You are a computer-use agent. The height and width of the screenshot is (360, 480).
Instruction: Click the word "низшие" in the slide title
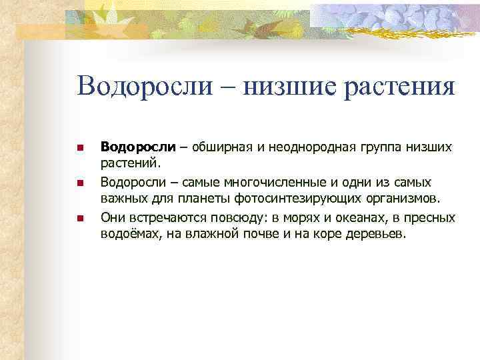(283, 87)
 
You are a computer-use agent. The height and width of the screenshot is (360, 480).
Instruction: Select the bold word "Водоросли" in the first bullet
(138, 146)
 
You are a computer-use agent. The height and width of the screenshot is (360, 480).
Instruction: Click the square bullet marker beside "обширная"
(79, 147)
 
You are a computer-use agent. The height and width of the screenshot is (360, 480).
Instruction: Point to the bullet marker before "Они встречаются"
(79, 218)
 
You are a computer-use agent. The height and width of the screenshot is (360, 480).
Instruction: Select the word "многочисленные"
(253, 182)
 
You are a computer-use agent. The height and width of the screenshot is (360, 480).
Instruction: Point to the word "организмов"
(403, 199)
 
